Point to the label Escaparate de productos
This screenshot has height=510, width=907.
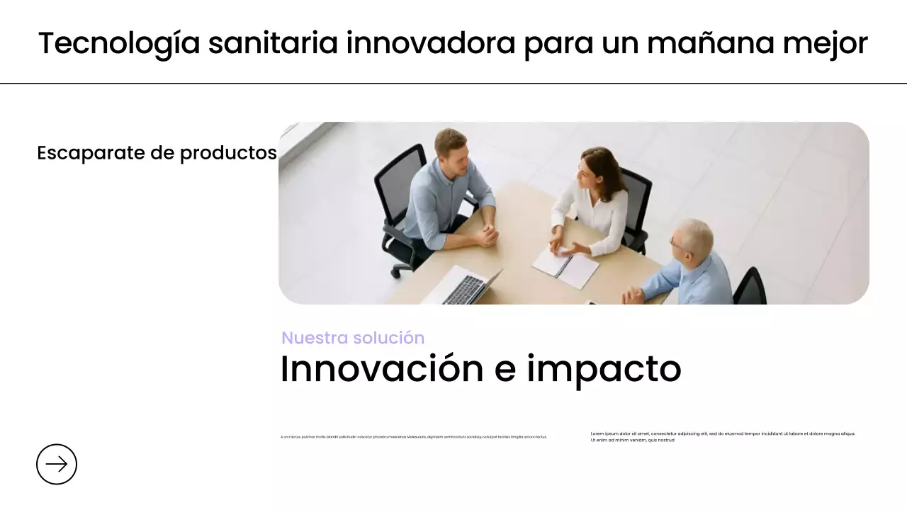pos(157,152)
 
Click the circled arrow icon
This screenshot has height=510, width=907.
pos(57,464)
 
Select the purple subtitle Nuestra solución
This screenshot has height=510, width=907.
pos(353,338)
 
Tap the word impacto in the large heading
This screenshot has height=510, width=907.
pos(604,368)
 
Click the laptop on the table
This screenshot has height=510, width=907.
pos(464,286)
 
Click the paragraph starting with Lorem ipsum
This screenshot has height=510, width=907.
pos(723,436)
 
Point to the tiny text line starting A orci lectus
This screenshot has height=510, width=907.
pos(413,437)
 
